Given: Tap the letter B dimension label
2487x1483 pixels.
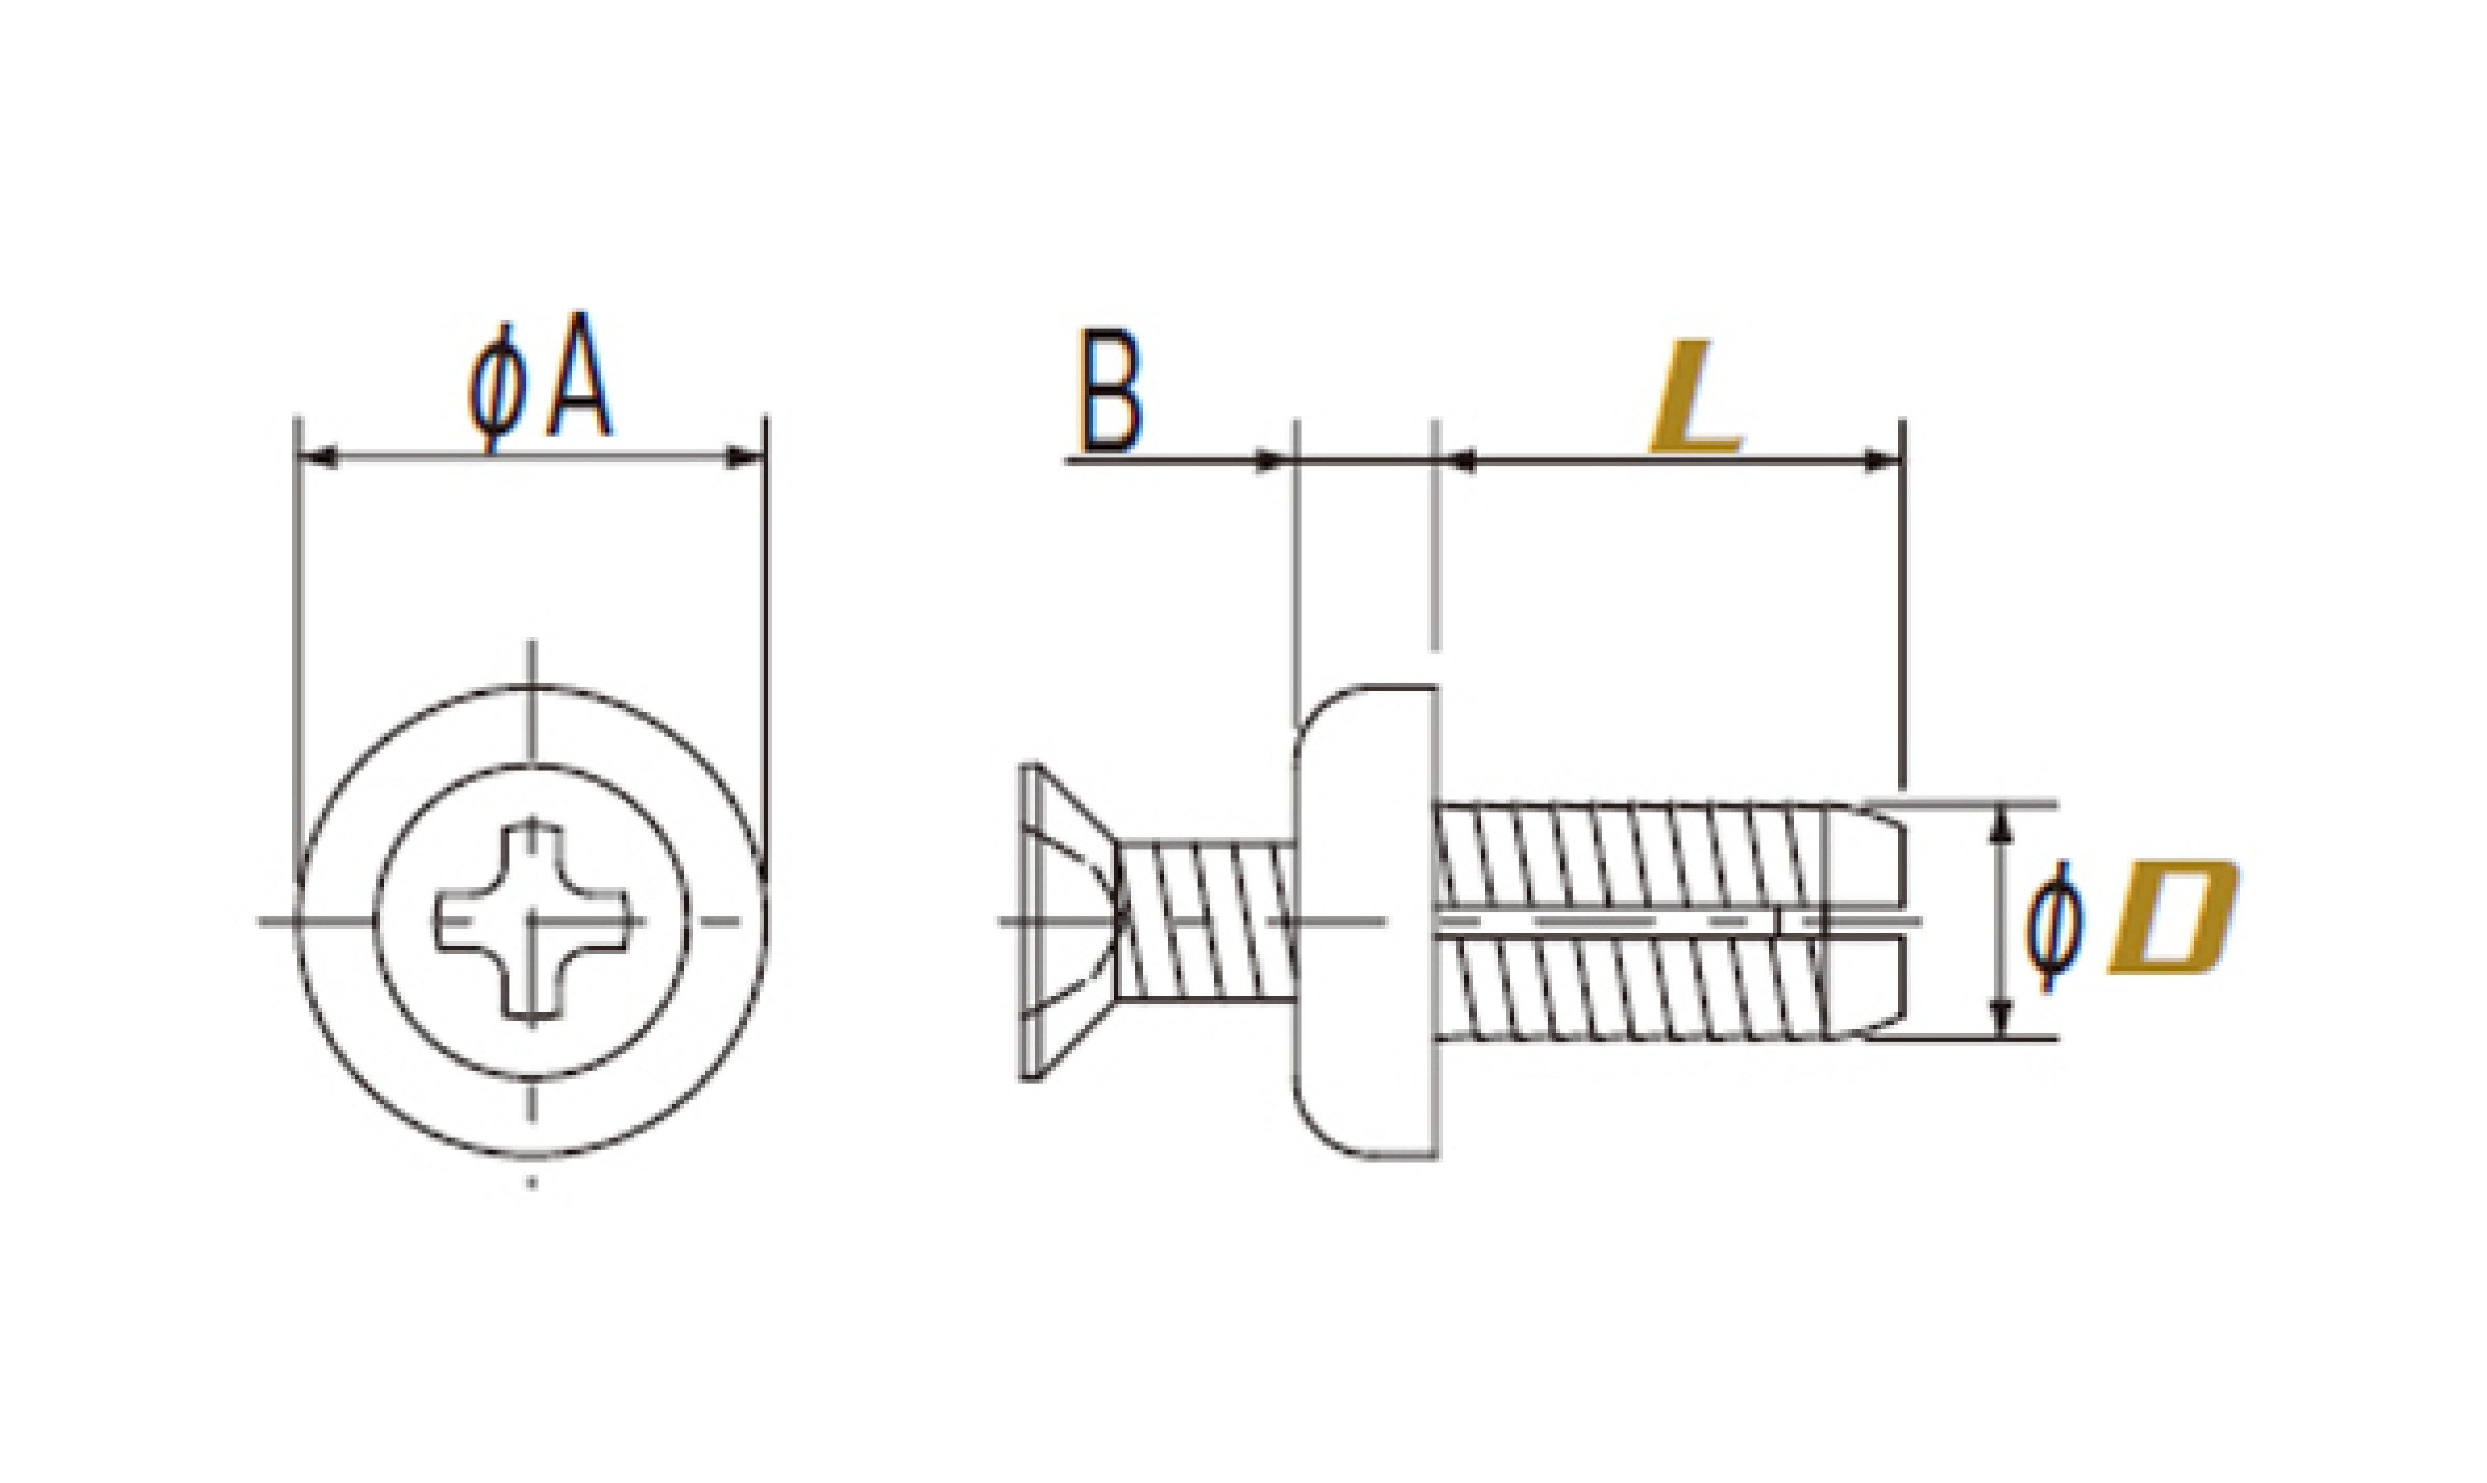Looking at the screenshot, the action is [1109, 391].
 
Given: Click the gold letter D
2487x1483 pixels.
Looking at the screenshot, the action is [2173, 916].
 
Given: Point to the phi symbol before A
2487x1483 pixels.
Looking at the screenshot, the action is [497, 388].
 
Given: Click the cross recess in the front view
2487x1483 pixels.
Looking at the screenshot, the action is [532, 920].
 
